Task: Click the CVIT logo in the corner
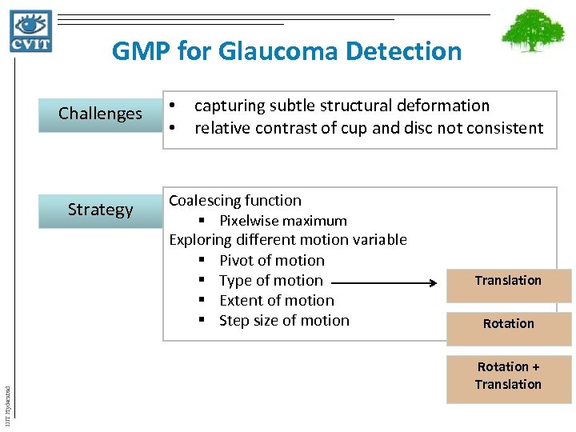coord(31,30)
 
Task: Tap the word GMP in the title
coord(141,52)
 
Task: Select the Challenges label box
coord(100,114)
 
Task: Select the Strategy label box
coord(100,210)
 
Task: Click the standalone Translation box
coord(508,281)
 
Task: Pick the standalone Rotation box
coord(508,324)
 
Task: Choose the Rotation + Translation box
coord(508,376)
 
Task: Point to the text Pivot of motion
coord(271,261)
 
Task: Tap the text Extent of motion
coord(276,301)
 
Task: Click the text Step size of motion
coord(284,321)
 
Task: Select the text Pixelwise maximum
coord(282,221)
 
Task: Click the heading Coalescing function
coord(235,201)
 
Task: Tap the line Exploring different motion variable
coord(287,240)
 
